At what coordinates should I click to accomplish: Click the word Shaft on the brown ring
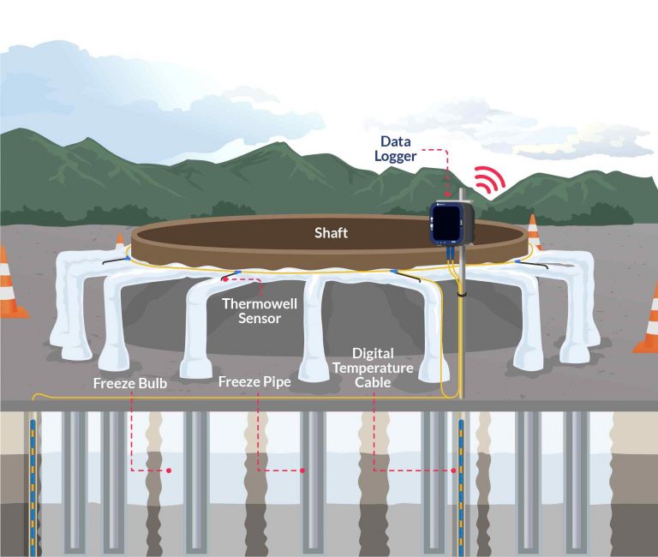332,232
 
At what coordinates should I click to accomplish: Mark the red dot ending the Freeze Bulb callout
170,470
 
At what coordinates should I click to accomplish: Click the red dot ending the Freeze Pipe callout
304,470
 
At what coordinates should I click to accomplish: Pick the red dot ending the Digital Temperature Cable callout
454,470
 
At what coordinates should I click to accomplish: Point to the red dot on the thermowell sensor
226,278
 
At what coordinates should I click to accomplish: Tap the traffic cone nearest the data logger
533,232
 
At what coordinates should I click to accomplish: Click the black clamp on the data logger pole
461,294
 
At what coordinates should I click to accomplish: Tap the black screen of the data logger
444,225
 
